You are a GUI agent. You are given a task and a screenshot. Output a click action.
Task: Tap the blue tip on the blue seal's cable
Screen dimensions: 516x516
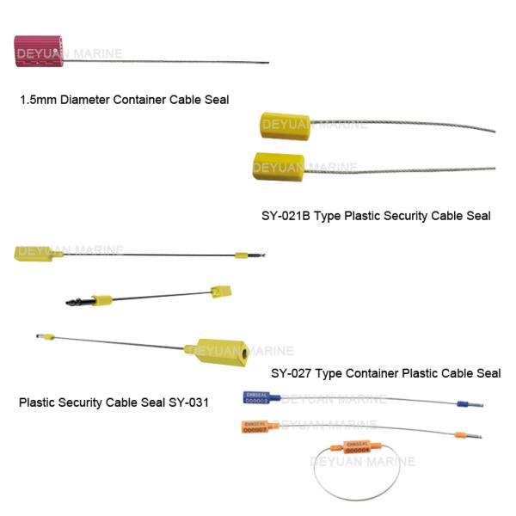click(x=462, y=402)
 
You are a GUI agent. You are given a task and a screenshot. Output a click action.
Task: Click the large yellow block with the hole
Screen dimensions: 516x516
click(x=221, y=352)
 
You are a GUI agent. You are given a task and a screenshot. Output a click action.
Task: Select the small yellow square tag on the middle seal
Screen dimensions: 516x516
click(x=221, y=292)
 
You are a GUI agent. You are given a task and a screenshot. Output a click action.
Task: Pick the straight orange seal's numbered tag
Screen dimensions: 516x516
click(x=255, y=426)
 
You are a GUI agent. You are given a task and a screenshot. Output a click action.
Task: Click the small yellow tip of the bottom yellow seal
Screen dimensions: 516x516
click(x=52, y=336)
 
